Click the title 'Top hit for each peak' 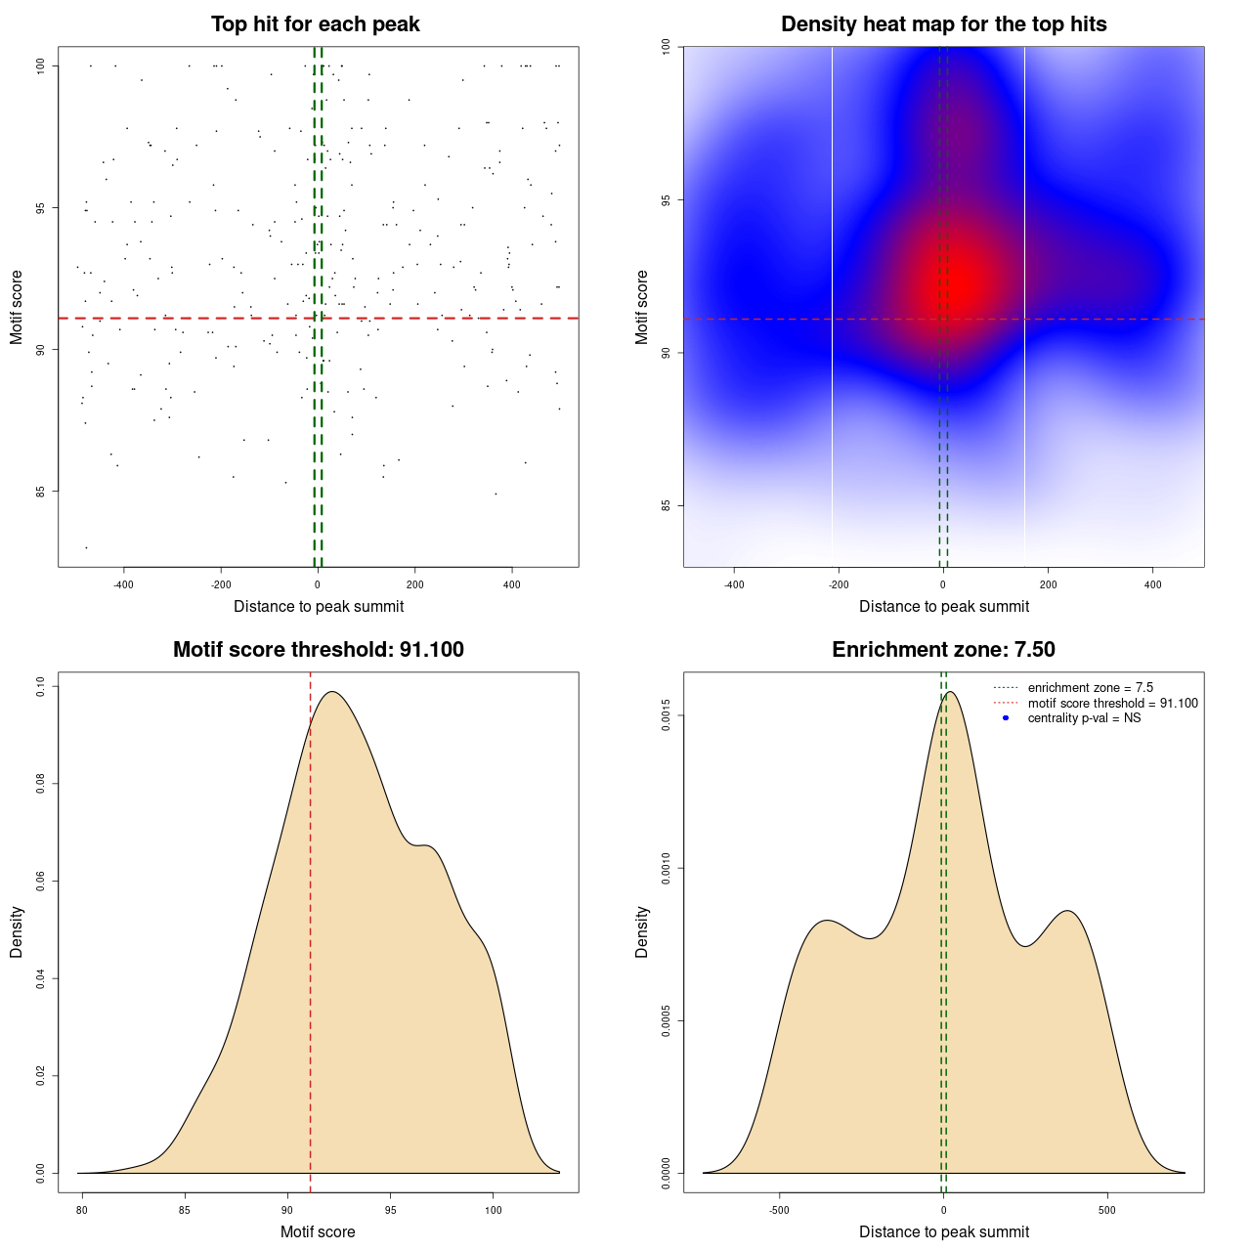click(x=315, y=24)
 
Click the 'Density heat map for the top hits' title click(x=943, y=24)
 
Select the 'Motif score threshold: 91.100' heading click(x=318, y=650)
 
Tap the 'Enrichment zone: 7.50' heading click(x=943, y=650)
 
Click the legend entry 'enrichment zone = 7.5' click(x=1090, y=688)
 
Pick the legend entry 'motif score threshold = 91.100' click(x=1112, y=703)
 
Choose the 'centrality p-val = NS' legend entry click(x=1084, y=718)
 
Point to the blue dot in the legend click(x=1006, y=718)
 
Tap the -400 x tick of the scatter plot click(x=123, y=584)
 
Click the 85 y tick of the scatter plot click(x=41, y=491)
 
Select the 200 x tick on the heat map click(x=1048, y=584)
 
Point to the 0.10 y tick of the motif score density click(x=40, y=687)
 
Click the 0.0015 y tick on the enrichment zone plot click(x=666, y=716)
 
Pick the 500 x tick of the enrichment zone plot click(x=1106, y=1210)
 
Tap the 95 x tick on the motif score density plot click(x=390, y=1210)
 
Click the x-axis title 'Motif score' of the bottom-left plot click(x=318, y=1231)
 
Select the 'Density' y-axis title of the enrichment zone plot click(x=642, y=931)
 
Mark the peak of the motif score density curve click(x=332, y=692)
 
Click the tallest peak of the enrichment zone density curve click(x=949, y=692)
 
